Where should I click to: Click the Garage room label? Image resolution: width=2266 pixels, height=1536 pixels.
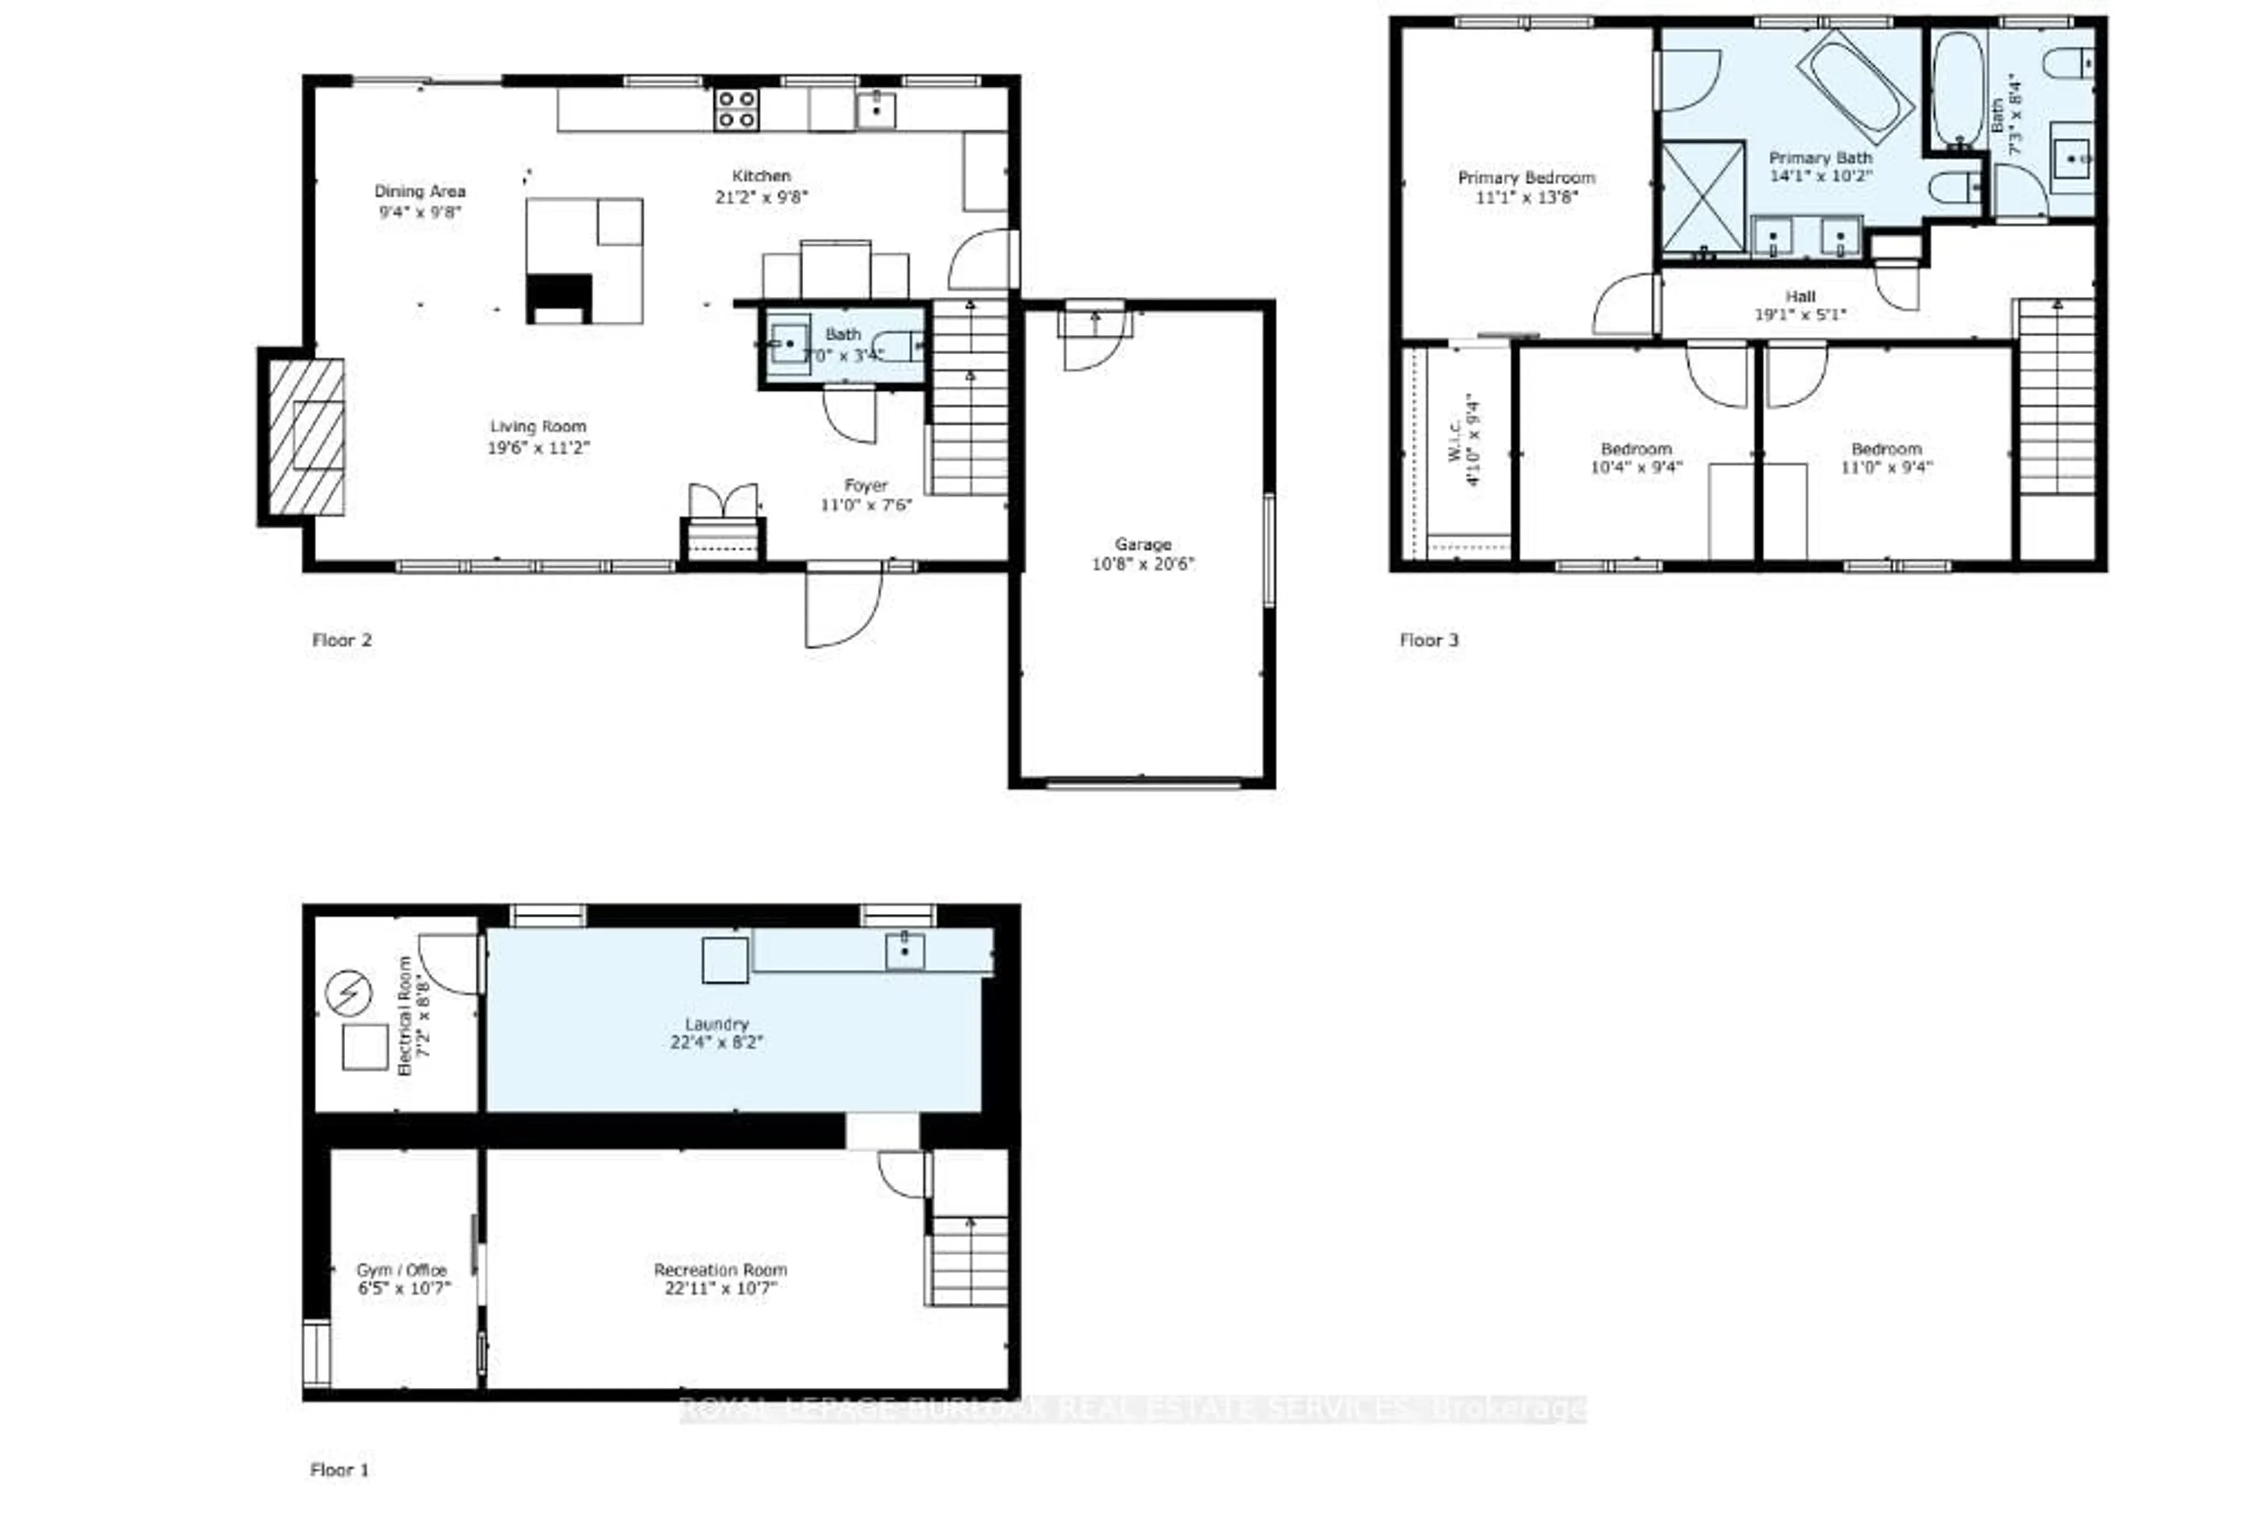pos(1143,544)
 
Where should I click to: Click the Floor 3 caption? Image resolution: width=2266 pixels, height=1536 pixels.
pos(1429,640)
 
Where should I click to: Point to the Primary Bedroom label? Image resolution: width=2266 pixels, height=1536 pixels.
pos(1526,178)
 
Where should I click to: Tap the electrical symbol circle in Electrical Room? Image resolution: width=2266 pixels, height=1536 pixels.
pos(348,993)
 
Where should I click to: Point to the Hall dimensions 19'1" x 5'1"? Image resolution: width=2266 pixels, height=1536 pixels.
pos(1800,314)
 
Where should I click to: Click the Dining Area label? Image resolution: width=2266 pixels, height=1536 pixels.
pos(419,191)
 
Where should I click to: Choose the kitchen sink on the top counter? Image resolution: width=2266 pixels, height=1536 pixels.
pos(876,110)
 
